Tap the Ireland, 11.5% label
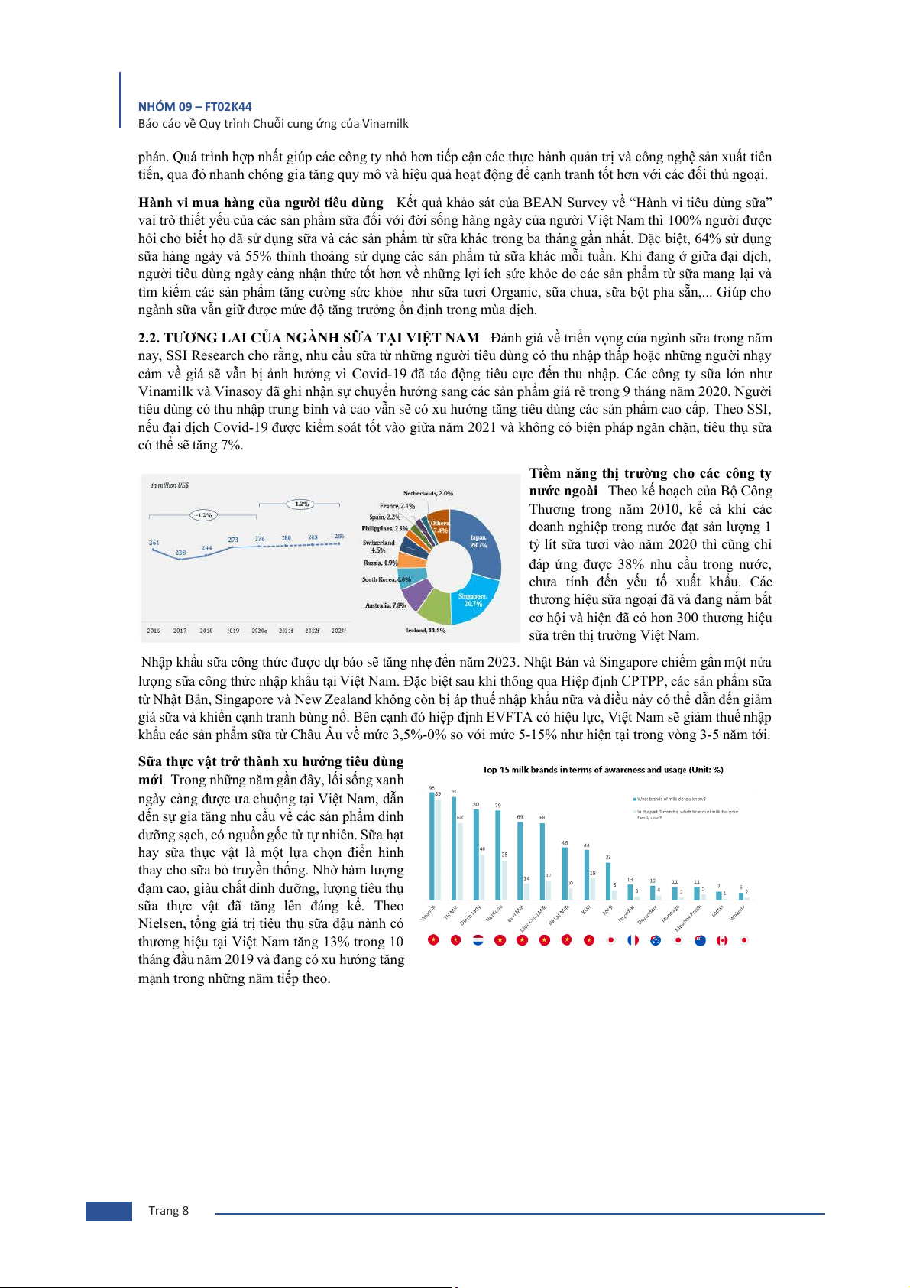click(x=426, y=630)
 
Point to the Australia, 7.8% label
click(x=385, y=605)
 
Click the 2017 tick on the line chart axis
click(x=180, y=631)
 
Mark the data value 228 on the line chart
click(x=180, y=552)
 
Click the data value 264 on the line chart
click(x=154, y=543)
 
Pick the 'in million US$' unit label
click(x=170, y=485)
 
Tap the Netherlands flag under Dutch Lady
click(x=478, y=940)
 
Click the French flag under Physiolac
click(x=633, y=940)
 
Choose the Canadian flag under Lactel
click(x=721, y=940)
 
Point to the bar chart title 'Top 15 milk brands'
click(x=603, y=770)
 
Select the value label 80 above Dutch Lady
click(x=476, y=804)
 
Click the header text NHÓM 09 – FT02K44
click(x=195, y=107)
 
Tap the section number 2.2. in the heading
click(x=149, y=338)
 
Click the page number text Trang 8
click(x=168, y=1211)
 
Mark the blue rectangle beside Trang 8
click(x=108, y=1211)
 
